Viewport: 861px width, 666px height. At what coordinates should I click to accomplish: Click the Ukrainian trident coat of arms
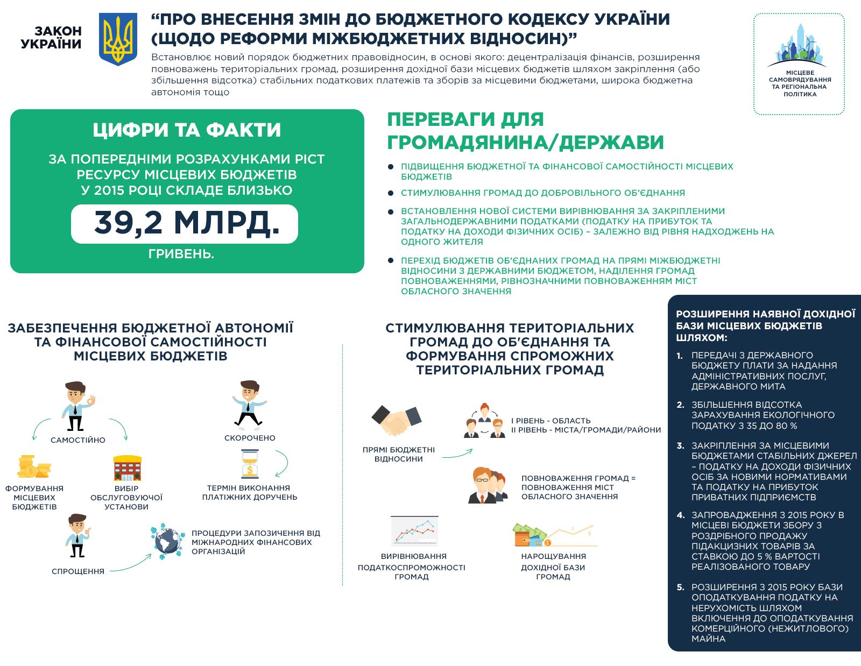click(x=118, y=40)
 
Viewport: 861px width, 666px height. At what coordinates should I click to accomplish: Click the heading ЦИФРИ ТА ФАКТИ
click(x=187, y=130)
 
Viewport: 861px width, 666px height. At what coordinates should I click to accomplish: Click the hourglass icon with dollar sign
click(x=249, y=464)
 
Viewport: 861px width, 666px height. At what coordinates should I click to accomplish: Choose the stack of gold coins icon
click(x=33, y=467)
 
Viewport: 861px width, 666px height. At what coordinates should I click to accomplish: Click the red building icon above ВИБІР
click(x=126, y=468)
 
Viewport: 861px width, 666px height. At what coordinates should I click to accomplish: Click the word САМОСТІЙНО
click(x=78, y=440)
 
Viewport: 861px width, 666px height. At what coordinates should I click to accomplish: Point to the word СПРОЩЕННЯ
click(x=78, y=571)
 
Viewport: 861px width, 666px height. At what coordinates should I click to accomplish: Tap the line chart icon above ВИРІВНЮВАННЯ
click(x=413, y=530)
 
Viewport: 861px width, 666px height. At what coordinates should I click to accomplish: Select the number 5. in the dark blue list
click(x=681, y=587)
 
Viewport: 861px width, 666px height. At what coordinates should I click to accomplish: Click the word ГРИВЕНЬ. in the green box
click(x=181, y=254)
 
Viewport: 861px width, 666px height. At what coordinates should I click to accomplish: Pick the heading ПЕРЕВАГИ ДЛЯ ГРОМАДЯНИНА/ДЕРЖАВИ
click(x=525, y=131)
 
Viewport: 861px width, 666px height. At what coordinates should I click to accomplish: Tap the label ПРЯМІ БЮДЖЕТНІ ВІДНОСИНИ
click(x=399, y=454)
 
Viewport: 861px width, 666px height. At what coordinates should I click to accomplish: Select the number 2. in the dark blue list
click(x=681, y=405)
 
